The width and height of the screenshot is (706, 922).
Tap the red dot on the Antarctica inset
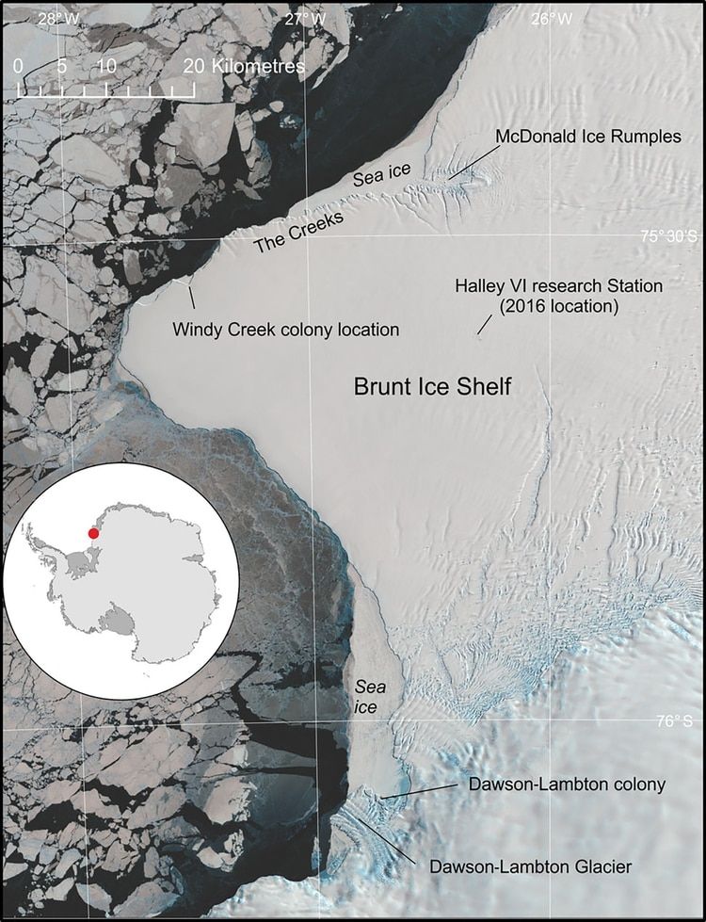coord(92,533)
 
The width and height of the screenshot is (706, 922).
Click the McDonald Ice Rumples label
coord(587,137)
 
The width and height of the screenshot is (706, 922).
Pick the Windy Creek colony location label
coord(286,330)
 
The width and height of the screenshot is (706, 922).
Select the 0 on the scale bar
coord(20,66)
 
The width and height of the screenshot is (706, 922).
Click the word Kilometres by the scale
coord(258,66)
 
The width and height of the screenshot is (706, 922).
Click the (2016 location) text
coord(559,305)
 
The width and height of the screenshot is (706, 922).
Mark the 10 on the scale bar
coord(106,66)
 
